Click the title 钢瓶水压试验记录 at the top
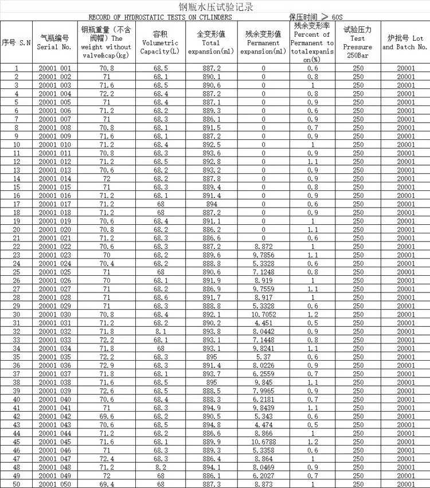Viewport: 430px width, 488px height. (215, 7)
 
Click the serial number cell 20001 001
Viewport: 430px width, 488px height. (55, 68)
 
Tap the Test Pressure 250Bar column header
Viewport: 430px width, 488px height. (358, 42)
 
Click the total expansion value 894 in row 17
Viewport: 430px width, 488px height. (212, 204)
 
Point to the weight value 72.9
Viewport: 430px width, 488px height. (106, 366)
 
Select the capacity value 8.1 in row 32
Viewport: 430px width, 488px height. (160, 331)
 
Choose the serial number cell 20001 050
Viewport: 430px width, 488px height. (55, 485)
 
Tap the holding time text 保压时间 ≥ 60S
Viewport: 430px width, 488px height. (315, 17)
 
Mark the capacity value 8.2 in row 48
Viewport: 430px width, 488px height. (160, 467)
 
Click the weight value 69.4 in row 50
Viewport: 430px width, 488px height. (106, 485)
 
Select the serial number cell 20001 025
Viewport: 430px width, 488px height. (55, 272)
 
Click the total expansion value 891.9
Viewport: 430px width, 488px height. (212, 281)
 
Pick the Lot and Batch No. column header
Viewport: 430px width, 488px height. (405, 42)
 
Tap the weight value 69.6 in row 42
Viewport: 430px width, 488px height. (106, 417)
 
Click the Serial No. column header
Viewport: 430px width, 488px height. (55, 42)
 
